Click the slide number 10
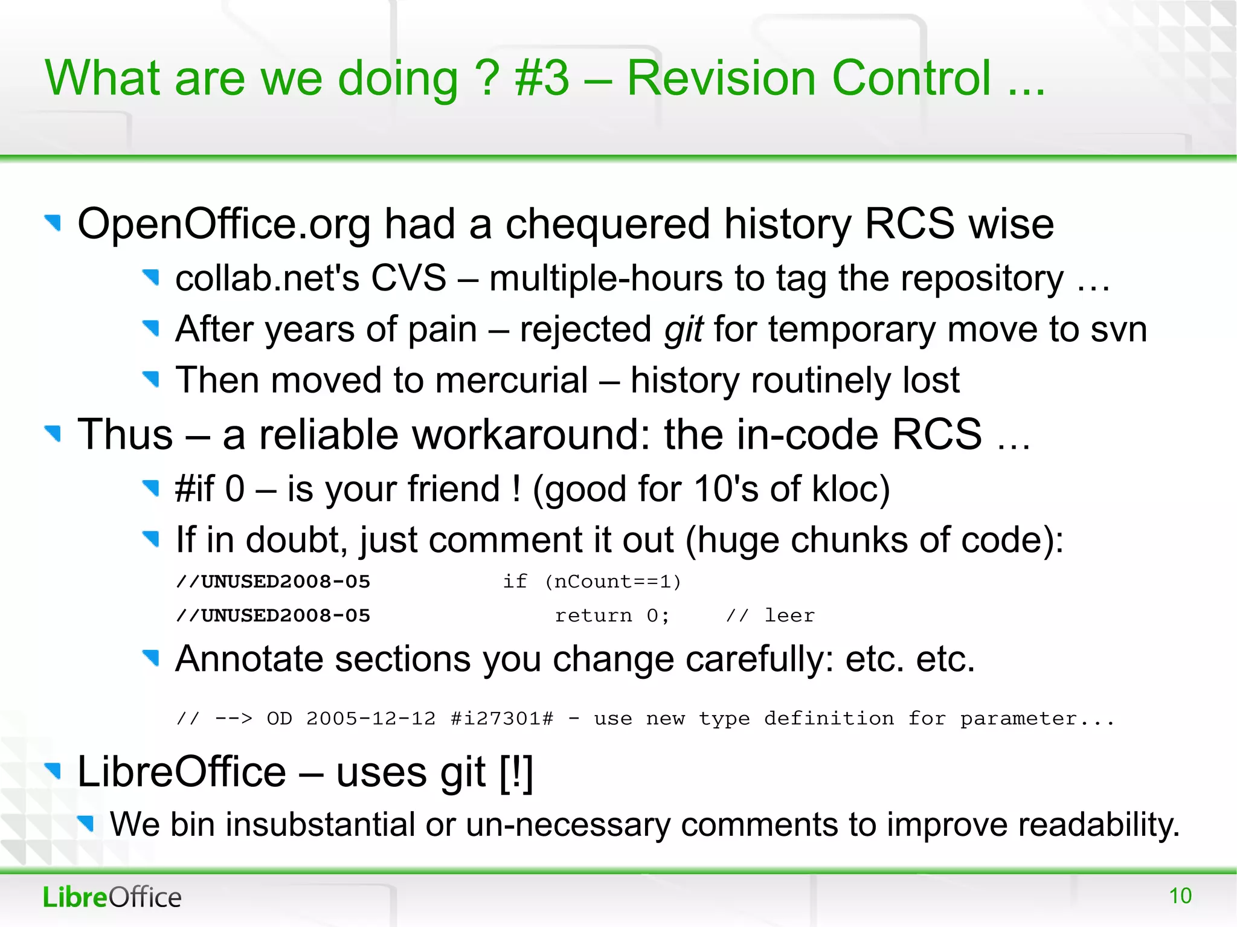click(x=1180, y=896)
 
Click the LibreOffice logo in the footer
click(x=112, y=897)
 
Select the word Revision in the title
click(x=721, y=79)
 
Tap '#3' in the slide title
click(x=542, y=79)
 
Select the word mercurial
click(x=511, y=380)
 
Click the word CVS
click(x=408, y=278)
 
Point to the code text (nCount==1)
click(x=613, y=582)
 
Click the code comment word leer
click(x=789, y=615)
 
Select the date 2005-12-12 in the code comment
click(x=370, y=719)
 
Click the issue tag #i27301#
click(x=501, y=719)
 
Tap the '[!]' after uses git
click(x=516, y=772)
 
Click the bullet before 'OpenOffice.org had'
click(x=53, y=223)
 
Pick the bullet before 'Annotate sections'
click(x=150, y=658)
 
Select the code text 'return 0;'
click(x=612, y=615)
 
